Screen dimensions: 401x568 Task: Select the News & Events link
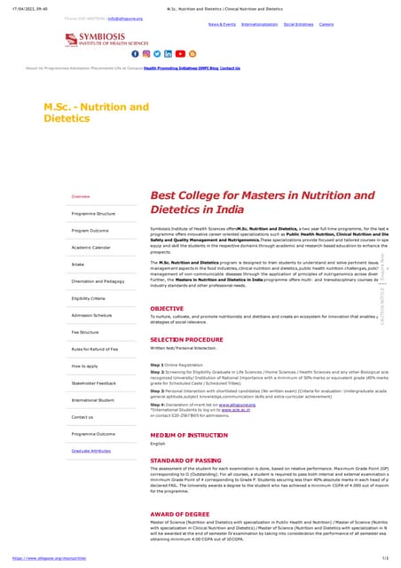pyautogui.click(x=222, y=24)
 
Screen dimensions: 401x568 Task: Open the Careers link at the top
pyautogui.click(x=326, y=24)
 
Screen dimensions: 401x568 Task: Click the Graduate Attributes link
pyautogui.click(x=92, y=451)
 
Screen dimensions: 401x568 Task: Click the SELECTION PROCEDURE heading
pyautogui.click(x=186, y=340)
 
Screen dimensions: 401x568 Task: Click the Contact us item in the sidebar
pyautogui.click(x=82, y=416)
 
